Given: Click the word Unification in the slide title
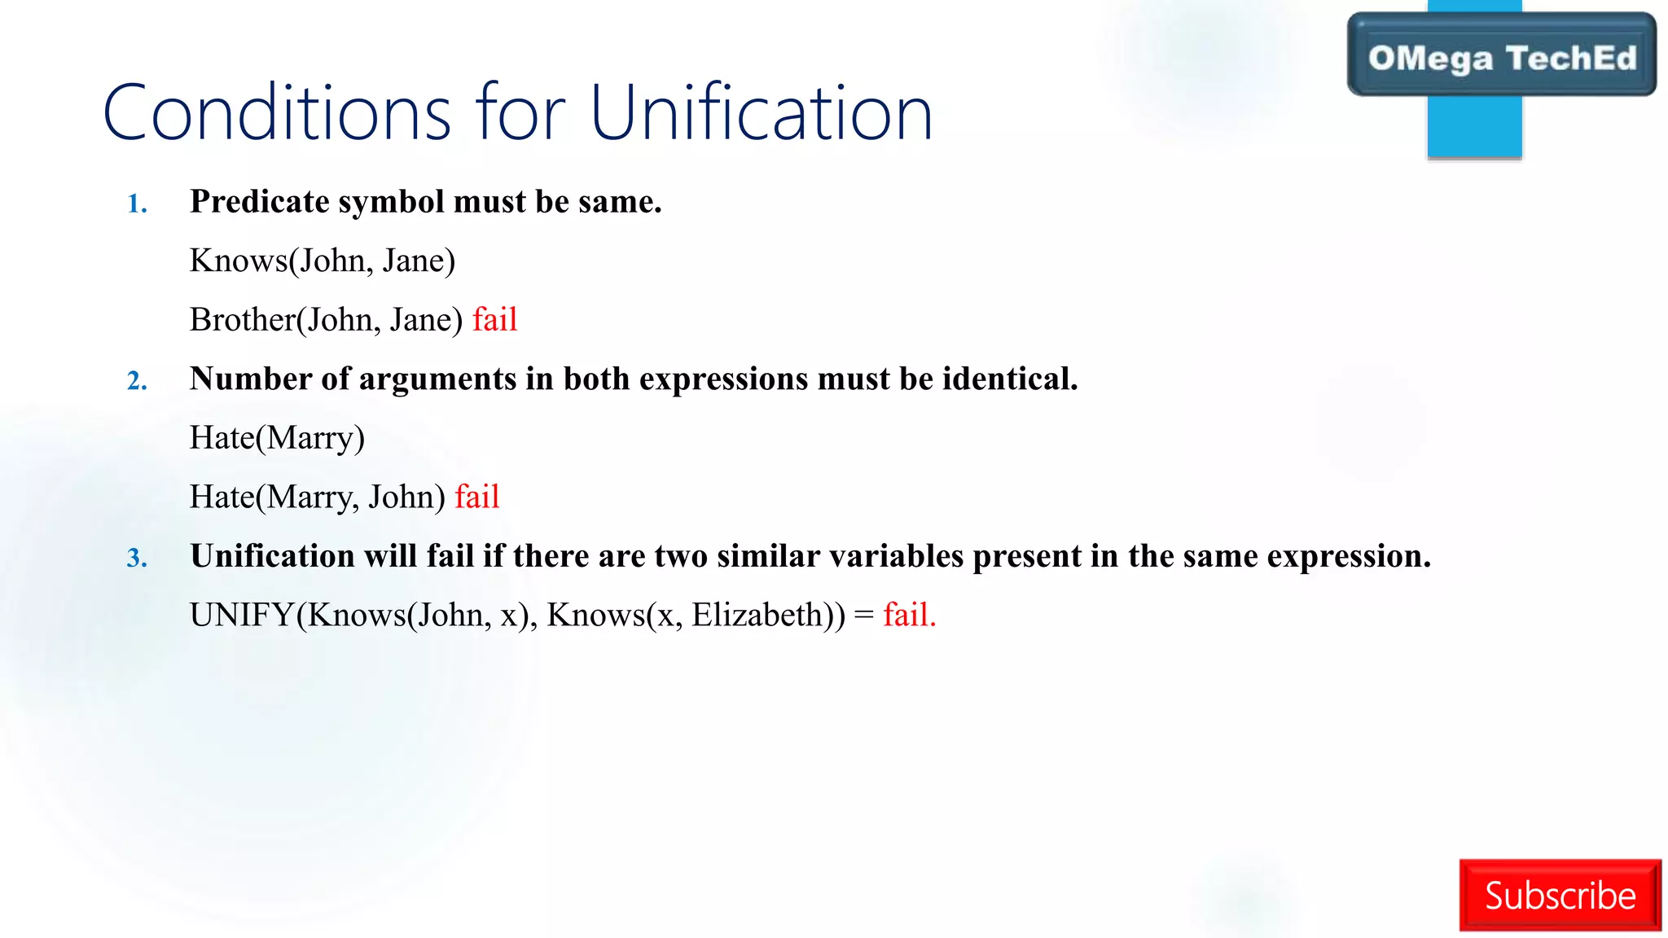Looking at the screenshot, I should [761, 114].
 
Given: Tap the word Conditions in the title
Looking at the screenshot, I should [277, 114].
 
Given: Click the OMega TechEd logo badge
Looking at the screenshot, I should [1501, 58].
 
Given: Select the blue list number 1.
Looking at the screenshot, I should [137, 204].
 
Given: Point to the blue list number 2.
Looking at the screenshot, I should [137, 380].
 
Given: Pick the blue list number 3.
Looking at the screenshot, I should [137, 558].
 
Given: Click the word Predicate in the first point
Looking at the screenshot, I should [259, 202].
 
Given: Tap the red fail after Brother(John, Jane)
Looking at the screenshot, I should [494, 319].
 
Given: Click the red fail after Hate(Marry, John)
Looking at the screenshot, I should [476, 497].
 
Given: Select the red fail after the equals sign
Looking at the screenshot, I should [909, 615].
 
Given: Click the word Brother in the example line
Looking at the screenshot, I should [242, 319].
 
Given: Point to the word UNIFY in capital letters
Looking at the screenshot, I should [241, 615].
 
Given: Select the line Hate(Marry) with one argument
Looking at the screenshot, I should [277, 438].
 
